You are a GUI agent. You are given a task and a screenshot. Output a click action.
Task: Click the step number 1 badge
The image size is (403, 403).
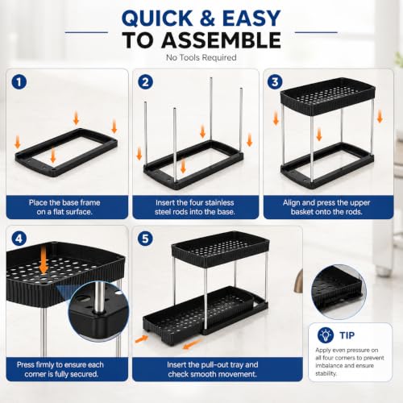click(x=19, y=81)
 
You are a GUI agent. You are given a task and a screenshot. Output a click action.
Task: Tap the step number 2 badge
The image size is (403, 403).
click(x=145, y=81)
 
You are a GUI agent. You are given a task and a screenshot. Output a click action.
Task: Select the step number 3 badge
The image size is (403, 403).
click(x=275, y=81)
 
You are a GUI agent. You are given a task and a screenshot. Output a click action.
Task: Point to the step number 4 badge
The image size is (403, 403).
click(x=19, y=239)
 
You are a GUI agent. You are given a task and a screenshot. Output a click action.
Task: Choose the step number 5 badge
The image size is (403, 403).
click(x=145, y=239)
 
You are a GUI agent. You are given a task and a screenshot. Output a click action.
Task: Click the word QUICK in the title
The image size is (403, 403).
click(x=157, y=19)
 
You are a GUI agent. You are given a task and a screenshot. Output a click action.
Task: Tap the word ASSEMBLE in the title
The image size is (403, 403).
click(x=221, y=40)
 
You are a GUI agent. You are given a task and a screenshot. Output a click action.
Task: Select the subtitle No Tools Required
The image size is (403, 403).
click(x=201, y=57)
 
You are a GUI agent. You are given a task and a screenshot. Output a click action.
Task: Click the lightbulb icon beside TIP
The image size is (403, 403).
click(x=326, y=335)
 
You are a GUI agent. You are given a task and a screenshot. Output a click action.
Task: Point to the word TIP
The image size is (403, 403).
click(x=347, y=335)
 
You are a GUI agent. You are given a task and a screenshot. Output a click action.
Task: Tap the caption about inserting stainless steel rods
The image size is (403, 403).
click(x=195, y=207)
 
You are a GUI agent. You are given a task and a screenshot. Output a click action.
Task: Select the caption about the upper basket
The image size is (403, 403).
click(x=326, y=207)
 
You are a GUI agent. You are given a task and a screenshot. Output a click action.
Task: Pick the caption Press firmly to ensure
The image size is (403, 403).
click(x=60, y=369)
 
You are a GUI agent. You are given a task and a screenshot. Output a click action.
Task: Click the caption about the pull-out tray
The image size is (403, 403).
click(x=213, y=369)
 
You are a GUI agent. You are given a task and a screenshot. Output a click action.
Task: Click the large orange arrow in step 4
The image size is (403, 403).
click(x=44, y=260)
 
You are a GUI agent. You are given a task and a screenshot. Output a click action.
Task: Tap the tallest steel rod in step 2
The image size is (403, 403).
click(x=211, y=109)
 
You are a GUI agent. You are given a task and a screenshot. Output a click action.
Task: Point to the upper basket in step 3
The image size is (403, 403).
click(x=328, y=96)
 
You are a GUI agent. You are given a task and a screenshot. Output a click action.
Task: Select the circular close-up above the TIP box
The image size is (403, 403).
click(x=339, y=292)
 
